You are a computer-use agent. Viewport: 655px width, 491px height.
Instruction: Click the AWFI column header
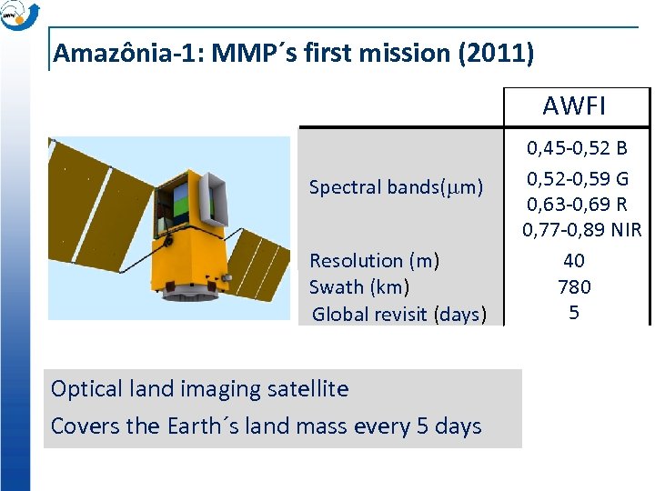574,106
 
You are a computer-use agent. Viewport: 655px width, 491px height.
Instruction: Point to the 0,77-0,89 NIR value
581,229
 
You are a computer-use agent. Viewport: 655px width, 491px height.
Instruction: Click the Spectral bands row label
396,187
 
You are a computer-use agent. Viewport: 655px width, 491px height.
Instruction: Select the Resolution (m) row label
374,261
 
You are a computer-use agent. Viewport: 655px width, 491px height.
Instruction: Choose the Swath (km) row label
359,287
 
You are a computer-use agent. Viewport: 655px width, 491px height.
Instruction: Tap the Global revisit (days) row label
398,315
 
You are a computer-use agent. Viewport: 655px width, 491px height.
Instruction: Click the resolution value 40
574,261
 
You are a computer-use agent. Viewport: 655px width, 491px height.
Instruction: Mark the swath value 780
574,287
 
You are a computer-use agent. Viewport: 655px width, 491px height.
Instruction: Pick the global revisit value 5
574,314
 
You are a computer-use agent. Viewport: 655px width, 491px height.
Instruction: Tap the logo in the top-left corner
19,15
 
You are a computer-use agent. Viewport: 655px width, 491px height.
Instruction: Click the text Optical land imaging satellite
199,389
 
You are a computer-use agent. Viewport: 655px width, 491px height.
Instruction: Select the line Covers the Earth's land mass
266,426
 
